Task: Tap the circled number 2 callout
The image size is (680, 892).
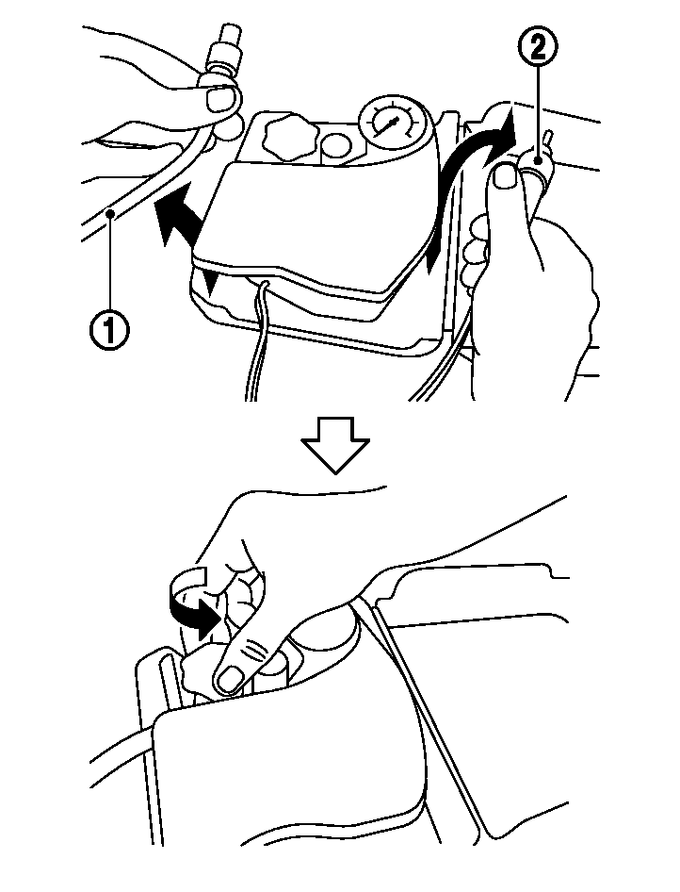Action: point(537,46)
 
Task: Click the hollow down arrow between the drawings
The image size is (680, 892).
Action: point(335,445)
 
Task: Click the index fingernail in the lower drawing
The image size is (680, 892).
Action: point(231,679)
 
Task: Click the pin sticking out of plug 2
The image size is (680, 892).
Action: point(548,140)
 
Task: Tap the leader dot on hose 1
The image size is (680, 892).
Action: point(114,213)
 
